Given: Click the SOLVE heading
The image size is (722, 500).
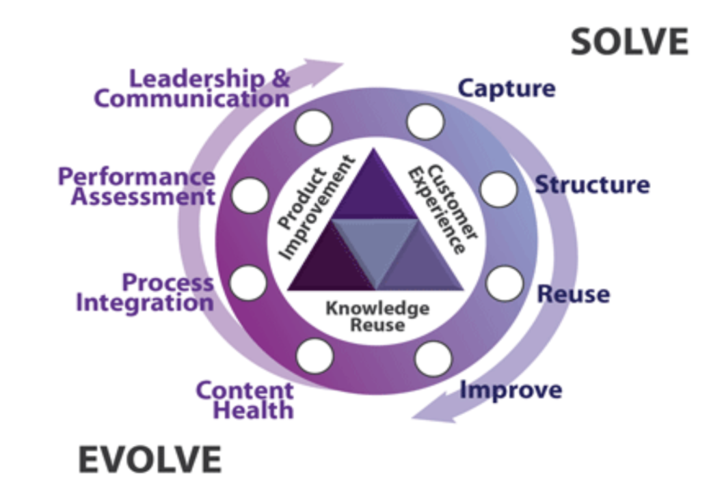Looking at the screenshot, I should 629,43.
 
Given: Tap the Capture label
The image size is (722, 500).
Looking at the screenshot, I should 506,88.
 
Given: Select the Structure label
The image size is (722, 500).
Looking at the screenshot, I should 591,185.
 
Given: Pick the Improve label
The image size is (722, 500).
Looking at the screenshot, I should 510,390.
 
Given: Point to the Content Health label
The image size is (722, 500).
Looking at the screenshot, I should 244,400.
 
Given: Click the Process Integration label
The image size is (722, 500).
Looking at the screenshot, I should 144,292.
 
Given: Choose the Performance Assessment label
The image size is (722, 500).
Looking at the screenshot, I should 136,186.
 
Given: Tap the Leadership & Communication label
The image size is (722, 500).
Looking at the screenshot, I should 192,89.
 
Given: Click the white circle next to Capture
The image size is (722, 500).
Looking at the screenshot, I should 425,122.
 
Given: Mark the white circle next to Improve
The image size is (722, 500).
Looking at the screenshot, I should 433,358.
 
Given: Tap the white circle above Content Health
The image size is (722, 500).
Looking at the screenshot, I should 315,355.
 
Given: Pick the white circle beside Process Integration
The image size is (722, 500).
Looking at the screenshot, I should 248,282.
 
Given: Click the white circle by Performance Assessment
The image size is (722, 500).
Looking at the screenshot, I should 250,195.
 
